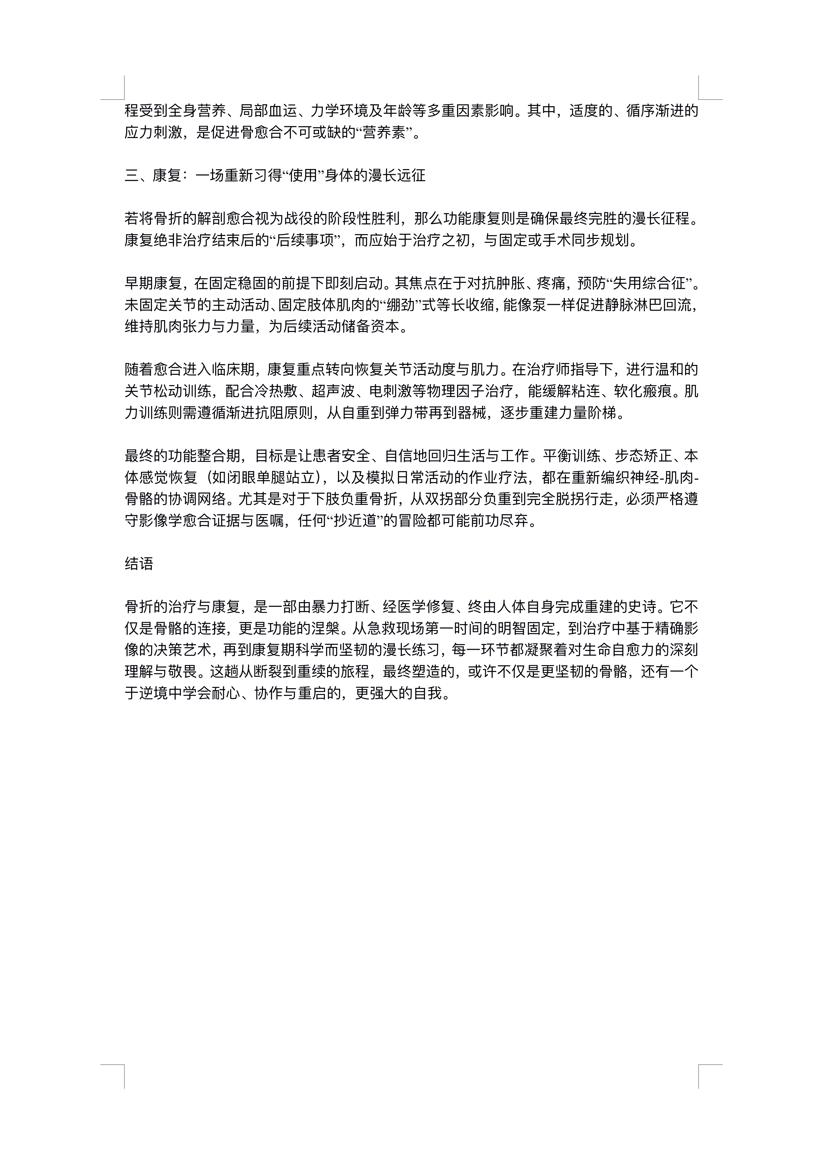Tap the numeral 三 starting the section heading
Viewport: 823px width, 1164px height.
132,175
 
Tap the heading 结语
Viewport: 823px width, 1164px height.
139,564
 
